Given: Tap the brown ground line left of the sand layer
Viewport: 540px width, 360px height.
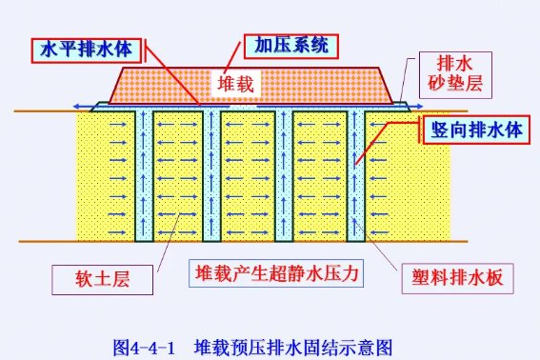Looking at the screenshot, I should tap(48, 112).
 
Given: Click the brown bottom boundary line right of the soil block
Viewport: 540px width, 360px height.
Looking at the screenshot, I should tap(467, 241).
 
